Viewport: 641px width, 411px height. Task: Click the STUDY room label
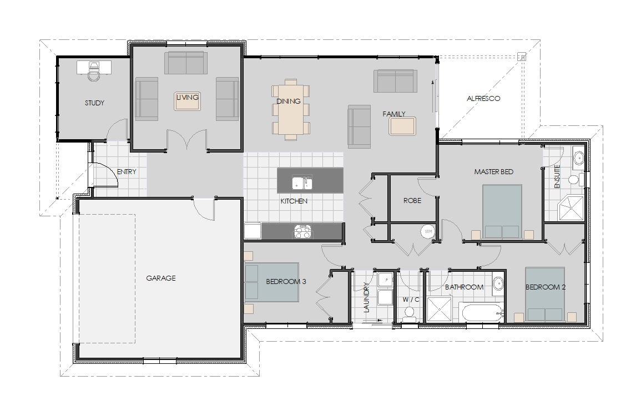(x=94, y=103)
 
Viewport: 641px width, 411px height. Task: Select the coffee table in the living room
(x=187, y=100)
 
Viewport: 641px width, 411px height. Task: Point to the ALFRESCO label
(x=483, y=98)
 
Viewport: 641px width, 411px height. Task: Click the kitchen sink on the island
(x=302, y=182)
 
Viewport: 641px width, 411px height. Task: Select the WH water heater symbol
(x=428, y=231)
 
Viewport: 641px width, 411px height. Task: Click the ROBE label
(x=412, y=201)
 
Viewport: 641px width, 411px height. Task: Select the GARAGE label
(x=161, y=278)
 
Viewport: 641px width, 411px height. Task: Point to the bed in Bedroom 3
(x=272, y=283)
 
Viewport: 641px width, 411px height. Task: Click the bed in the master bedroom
(x=502, y=212)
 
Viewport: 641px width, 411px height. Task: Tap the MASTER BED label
(x=493, y=172)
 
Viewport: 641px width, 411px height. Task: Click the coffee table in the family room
(x=402, y=126)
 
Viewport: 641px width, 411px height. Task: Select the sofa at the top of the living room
(x=185, y=63)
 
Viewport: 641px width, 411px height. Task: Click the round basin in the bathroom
(x=498, y=283)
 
